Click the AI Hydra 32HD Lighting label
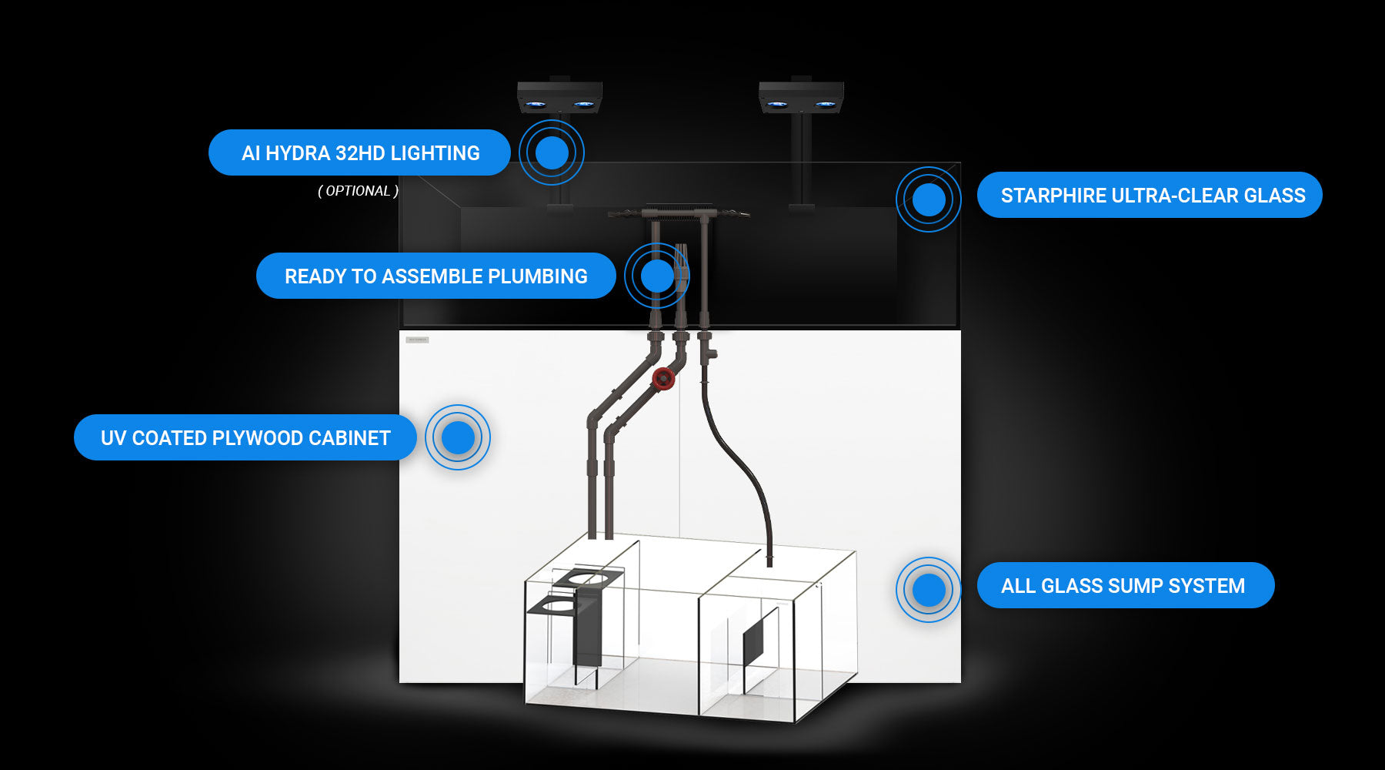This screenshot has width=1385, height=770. pyautogui.click(x=359, y=152)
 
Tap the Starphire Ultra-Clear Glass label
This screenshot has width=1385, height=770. pyautogui.click(x=1150, y=195)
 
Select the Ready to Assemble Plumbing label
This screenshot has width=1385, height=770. pyautogui.click(x=436, y=276)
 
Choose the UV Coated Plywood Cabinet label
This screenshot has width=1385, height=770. pyautogui.click(x=245, y=437)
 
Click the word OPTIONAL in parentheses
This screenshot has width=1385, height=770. pyautogui.click(x=358, y=191)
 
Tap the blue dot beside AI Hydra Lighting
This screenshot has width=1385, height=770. pyautogui.click(x=552, y=152)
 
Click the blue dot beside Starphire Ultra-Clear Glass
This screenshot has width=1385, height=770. pyautogui.click(x=929, y=199)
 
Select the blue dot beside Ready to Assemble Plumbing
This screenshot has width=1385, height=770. pyautogui.click(x=657, y=276)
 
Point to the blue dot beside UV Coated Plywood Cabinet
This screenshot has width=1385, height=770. pyautogui.click(x=458, y=437)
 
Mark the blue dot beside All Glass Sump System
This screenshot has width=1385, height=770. pyautogui.click(x=929, y=590)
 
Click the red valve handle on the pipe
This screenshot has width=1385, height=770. pyautogui.click(x=663, y=378)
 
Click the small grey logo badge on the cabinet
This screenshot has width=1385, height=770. pyautogui.click(x=417, y=340)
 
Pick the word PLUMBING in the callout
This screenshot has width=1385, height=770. pyautogui.click(x=538, y=276)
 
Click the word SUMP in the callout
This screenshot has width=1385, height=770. pyautogui.click(x=1136, y=586)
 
